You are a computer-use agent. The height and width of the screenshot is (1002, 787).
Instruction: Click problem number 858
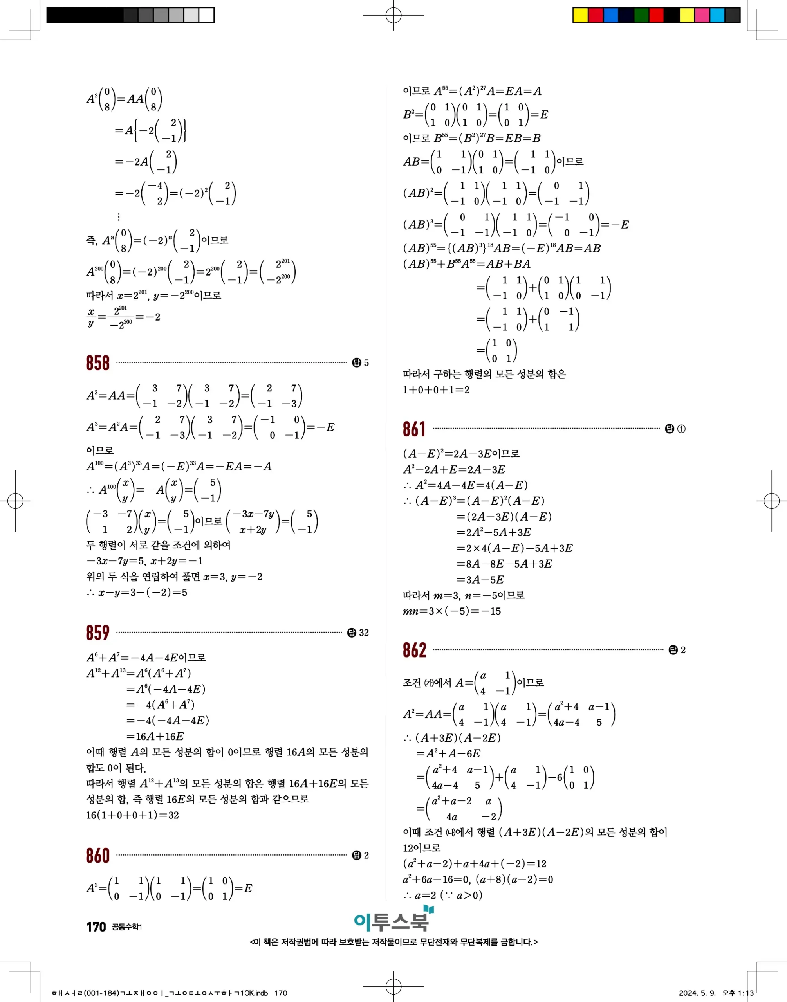point(97,363)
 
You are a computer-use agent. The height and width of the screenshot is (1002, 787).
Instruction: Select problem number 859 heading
point(97,633)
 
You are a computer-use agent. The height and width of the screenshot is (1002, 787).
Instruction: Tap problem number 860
point(97,856)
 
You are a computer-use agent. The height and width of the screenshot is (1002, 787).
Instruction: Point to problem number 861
point(414,429)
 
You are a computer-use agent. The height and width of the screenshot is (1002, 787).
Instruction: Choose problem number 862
point(414,650)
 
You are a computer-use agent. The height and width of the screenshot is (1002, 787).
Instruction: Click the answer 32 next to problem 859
point(364,633)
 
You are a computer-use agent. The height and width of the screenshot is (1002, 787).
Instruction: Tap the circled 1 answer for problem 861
point(681,429)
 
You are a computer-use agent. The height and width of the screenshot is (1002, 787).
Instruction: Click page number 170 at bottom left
point(96,927)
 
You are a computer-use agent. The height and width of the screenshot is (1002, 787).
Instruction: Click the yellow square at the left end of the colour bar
point(580,15)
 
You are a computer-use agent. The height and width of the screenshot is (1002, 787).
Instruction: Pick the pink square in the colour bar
point(702,15)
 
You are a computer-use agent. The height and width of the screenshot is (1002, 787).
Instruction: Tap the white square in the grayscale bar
point(206,15)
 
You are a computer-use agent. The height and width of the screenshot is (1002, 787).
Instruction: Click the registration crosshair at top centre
point(393,15)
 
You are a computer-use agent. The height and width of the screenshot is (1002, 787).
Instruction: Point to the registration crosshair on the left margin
point(15,501)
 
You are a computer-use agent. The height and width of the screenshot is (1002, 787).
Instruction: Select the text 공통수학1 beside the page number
point(127,927)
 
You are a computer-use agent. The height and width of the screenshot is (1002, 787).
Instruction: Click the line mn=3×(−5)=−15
point(451,611)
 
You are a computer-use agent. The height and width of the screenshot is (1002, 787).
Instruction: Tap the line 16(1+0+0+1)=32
point(132,815)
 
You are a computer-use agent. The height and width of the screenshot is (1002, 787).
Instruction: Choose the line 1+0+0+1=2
point(436,390)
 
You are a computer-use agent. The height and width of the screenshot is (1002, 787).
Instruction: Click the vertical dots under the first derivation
point(119,216)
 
